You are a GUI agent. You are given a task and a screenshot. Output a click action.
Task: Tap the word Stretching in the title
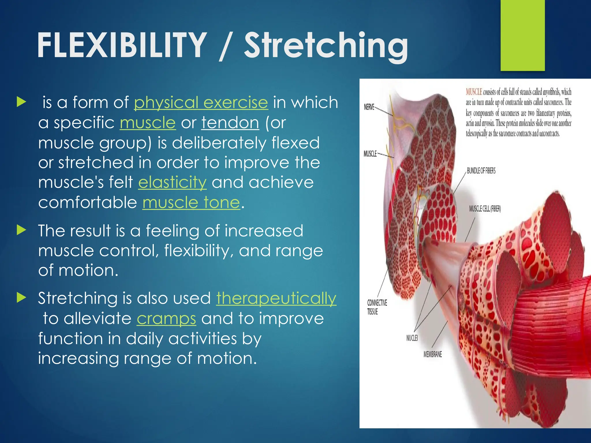(x=326, y=46)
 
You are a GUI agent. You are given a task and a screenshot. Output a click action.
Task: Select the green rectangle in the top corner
(x=522, y=35)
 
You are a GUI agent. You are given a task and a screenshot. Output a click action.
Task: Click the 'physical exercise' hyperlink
(x=201, y=103)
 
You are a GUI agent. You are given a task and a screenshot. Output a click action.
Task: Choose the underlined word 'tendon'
(x=230, y=123)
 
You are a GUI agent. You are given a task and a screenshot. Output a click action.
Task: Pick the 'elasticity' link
(x=172, y=183)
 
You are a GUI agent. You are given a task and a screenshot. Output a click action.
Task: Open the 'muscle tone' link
(x=191, y=202)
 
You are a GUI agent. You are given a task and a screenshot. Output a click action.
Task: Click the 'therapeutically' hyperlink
(x=276, y=298)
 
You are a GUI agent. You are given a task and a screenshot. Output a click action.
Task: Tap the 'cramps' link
(x=166, y=319)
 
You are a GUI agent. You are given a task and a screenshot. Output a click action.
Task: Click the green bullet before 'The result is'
(x=22, y=230)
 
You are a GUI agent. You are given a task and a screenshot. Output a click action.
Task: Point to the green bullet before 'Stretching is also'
(x=22, y=297)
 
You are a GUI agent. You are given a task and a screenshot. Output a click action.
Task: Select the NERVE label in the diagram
(x=369, y=107)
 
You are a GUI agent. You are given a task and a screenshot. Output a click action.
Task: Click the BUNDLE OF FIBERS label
(x=481, y=171)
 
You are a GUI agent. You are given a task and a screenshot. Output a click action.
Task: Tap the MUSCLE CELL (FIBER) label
(x=485, y=209)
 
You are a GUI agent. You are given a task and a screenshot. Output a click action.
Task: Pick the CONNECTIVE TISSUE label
(x=377, y=307)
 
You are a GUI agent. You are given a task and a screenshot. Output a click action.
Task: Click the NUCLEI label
(x=412, y=338)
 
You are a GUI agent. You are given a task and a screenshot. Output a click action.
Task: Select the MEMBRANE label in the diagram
(x=432, y=354)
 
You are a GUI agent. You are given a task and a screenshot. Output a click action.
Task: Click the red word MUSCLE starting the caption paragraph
(x=474, y=92)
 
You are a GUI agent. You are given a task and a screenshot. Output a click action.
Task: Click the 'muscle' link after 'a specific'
(x=147, y=123)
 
